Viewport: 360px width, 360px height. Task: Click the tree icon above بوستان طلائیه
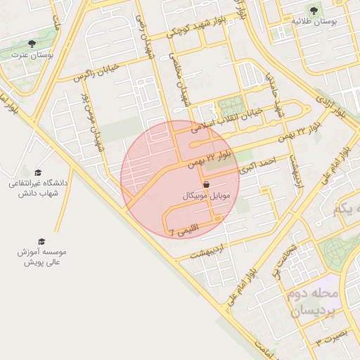(313, 10)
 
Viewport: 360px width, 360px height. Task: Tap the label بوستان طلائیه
(314, 22)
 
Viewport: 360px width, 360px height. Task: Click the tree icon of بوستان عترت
(32, 44)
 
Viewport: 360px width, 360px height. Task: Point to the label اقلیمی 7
(184, 229)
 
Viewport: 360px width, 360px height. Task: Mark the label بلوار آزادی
(330, 103)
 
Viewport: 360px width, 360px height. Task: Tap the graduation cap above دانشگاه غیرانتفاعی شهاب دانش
(38, 172)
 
